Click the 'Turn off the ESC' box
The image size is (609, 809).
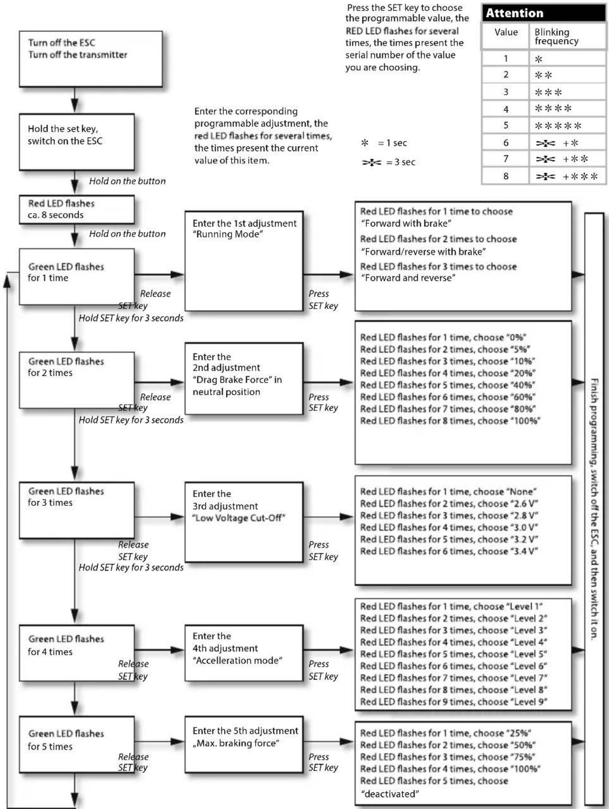91,59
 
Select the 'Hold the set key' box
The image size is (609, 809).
76,142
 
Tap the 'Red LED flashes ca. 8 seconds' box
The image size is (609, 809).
76,209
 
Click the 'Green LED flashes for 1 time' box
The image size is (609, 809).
76,277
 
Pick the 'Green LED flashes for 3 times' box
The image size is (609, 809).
76,510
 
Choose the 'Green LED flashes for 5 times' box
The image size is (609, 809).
76,744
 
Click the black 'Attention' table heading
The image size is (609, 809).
544,13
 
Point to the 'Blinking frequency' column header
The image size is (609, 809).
557,36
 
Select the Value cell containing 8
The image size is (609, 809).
506,176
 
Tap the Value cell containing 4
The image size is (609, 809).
506,109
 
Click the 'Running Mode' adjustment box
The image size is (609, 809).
244,261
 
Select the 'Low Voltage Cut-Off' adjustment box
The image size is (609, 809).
244,522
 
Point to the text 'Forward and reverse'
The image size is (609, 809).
408,278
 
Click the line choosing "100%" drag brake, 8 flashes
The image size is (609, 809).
450,421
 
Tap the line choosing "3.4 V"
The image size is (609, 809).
449,551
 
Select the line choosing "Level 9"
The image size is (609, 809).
453,702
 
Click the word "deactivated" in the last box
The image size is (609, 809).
390,794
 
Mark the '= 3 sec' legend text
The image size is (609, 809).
401,162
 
